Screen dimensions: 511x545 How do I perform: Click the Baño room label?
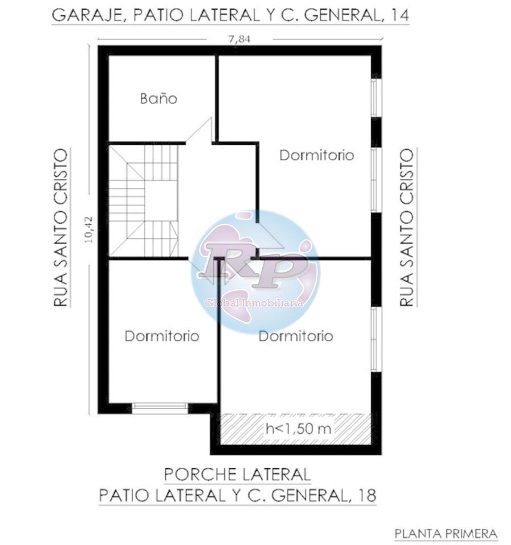pyautogui.click(x=158, y=98)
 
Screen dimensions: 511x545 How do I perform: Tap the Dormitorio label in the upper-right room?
pyautogui.click(x=317, y=155)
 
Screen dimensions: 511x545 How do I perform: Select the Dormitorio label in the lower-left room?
pyautogui.click(x=162, y=336)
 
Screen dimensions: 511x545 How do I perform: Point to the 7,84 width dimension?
pyautogui.click(x=239, y=39)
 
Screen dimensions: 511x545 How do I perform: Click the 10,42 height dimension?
pyautogui.click(x=89, y=230)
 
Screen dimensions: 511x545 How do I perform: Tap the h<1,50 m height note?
pyautogui.click(x=298, y=429)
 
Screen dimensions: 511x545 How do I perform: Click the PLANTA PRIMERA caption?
pyautogui.click(x=446, y=534)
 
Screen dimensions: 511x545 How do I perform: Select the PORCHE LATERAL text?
pyautogui.click(x=237, y=475)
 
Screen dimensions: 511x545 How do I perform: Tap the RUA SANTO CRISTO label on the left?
pyautogui.click(x=61, y=228)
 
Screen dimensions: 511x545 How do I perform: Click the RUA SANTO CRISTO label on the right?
pyautogui.click(x=407, y=228)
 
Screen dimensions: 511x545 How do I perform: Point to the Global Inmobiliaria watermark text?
pyautogui.click(x=254, y=303)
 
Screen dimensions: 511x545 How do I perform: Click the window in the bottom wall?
pyautogui.click(x=160, y=408)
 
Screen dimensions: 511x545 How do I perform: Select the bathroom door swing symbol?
pyautogui.click(x=199, y=131)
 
